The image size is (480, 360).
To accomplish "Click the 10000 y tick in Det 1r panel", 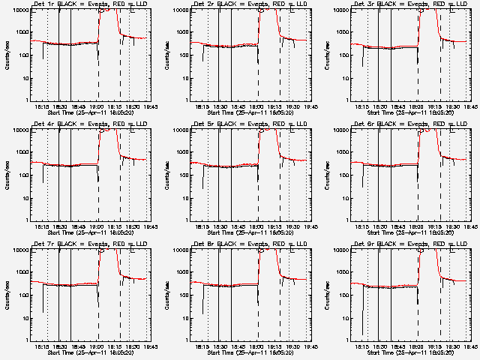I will click(19, 10).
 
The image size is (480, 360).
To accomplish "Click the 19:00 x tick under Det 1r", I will click(98, 106).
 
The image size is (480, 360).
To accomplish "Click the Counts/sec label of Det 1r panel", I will click(7, 55).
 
